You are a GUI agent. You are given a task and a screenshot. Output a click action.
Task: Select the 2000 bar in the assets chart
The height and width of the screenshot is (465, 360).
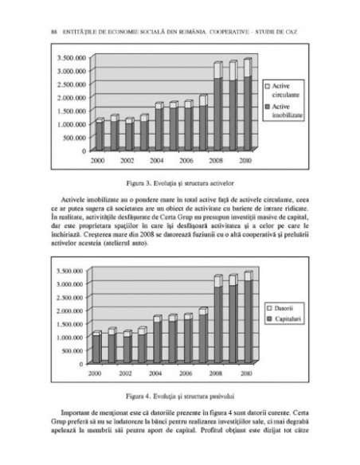[100, 135]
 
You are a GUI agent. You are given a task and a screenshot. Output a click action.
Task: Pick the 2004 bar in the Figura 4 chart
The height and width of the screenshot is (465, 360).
[159, 341]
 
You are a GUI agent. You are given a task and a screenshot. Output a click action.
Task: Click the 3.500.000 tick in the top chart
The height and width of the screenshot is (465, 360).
[69, 58]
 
